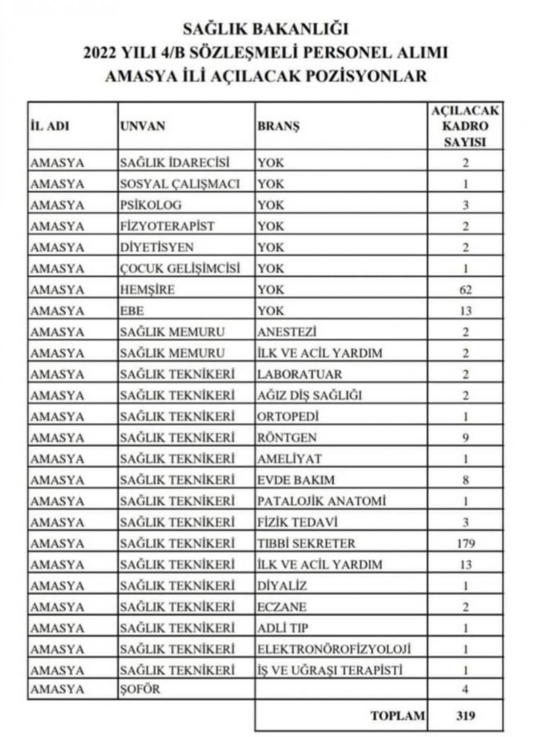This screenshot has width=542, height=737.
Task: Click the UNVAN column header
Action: click(x=143, y=126)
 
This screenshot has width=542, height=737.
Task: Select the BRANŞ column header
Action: click(x=279, y=126)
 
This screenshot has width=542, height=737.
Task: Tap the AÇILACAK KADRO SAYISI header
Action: click(x=465, y=126)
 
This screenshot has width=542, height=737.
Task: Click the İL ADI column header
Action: click(x=50, y=126)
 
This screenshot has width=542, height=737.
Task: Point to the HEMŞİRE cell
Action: click(x=147, y=289)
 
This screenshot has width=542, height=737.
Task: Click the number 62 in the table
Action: click(x=465, y=289)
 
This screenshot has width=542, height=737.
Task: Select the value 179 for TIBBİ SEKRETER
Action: click(x=465, y=543)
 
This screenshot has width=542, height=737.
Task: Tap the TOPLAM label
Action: click(x=398, y=716)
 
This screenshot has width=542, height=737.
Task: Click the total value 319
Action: click(x=465, y=716)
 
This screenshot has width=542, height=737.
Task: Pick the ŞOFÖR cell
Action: click(x=140, y=689)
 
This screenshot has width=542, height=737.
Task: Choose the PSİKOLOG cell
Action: click(x=151, y=205)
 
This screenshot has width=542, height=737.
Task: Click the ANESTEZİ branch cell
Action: click(x=287, y=332)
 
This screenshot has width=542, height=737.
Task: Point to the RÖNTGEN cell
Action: click(x=287, y=437)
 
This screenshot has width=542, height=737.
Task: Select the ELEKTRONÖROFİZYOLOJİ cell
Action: click(x=334, y=649)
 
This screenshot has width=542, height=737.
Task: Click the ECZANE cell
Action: click(x=282, y=606)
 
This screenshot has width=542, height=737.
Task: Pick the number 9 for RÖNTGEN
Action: click(x=465, y=437)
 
